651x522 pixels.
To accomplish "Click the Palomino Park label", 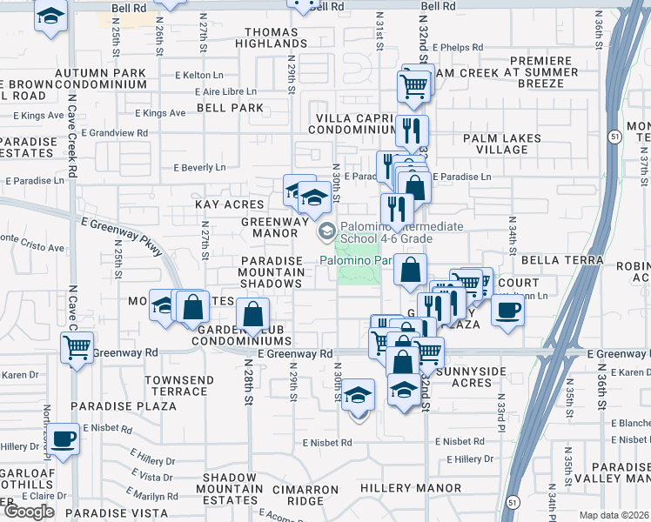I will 356,259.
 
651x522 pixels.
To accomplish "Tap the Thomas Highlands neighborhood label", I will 272,37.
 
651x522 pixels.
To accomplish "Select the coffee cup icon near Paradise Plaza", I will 63,439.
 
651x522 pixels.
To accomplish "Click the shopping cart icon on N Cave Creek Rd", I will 77,349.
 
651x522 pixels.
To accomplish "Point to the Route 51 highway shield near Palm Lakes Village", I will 614,137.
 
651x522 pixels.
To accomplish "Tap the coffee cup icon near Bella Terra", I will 508,310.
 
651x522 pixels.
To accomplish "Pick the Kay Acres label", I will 229,204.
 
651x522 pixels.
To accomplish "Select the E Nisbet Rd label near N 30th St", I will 327,443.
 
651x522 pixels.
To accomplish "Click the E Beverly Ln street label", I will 199,167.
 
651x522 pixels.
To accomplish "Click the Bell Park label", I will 230,108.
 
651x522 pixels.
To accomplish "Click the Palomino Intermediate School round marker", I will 327,231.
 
